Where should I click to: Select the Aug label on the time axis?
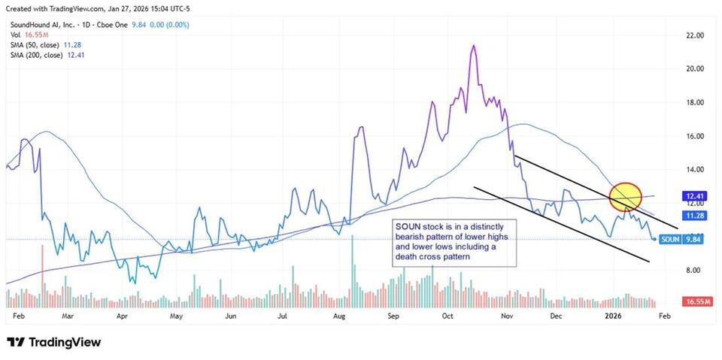338,317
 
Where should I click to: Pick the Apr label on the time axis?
122,317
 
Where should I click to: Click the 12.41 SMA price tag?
694,195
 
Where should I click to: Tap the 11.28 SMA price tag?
694,216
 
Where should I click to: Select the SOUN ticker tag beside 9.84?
670,239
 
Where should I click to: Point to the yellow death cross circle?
623,196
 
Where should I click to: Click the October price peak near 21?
472,46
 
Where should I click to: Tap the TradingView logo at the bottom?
53,342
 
